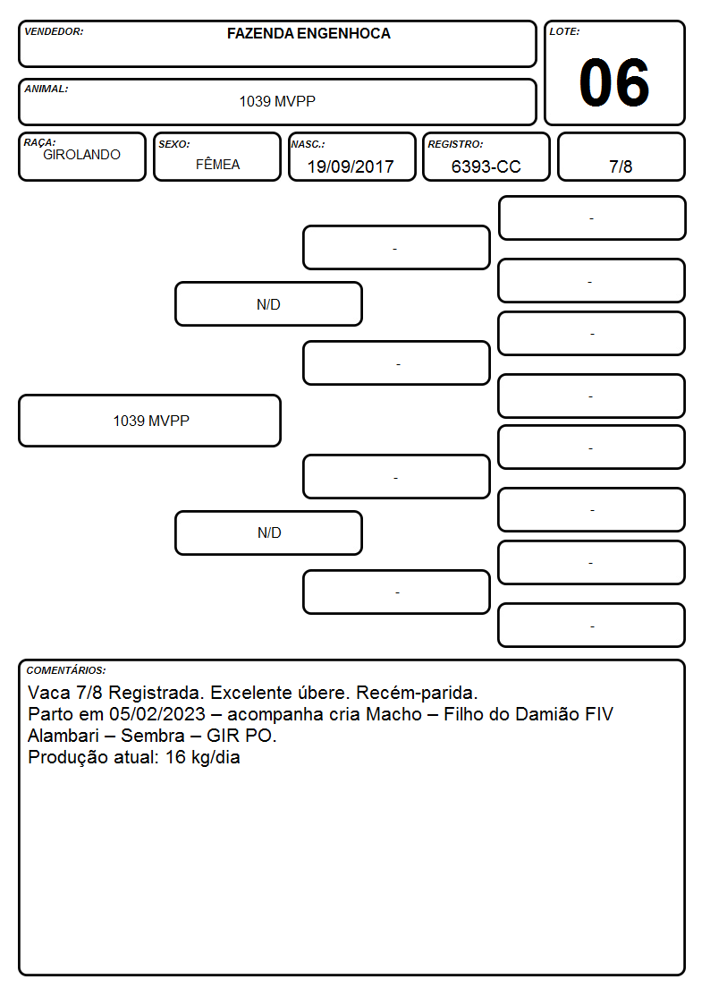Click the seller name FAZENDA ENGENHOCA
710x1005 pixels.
(309, 33)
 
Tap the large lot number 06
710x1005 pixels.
(614, 82)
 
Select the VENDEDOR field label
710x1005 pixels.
(54, 31)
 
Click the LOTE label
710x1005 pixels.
(564, 31)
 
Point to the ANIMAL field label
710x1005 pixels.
(46, 89)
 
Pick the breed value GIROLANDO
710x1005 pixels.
(82, 155)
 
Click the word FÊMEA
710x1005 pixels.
(217, 164)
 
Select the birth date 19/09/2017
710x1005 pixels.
(351, 166)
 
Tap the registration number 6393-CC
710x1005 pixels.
(486, 166)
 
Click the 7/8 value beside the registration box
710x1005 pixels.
(621, 166)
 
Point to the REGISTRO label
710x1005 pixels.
(455, 144)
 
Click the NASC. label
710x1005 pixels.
(308, 144)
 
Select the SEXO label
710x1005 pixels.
(174, 144)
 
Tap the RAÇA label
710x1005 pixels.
(39, 142)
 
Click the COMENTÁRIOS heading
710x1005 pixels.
(66, 670)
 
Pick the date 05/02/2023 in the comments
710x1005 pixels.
(156, 714)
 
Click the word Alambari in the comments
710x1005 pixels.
(63, 736)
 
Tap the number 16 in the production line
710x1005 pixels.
(175, 758)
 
